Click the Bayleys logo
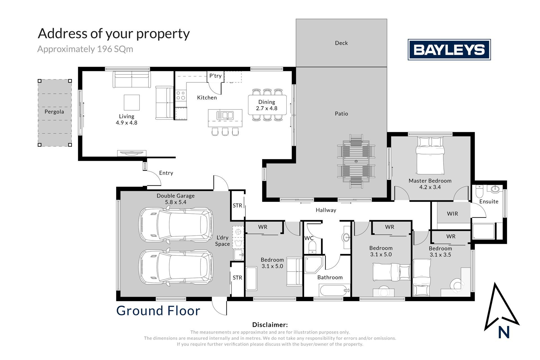coord(449,50)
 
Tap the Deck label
coord(341,43)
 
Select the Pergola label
coord(54,112)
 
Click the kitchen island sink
coord(225,115)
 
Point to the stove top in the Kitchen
coord(181,95)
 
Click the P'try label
coord(215,76)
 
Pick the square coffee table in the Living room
coord(132,102)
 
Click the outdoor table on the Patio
coord(356,161)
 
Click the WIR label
coord(452,214)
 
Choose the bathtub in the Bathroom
coord(334,290)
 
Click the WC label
coord(309,238)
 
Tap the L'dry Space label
coord(222,241)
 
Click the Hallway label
coord(326,210)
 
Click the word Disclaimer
coord(270,325)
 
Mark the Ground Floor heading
coord(158,311)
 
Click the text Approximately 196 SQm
coord(85,49)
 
